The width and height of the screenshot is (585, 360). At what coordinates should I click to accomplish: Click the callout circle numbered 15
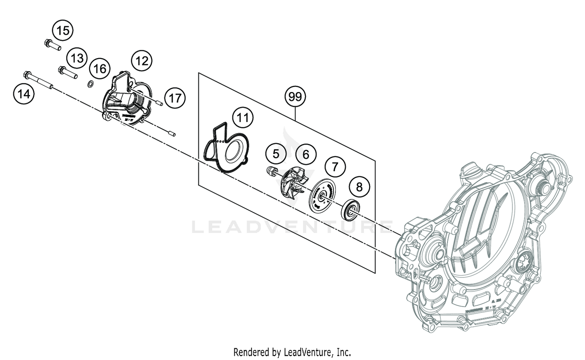click(63, 30)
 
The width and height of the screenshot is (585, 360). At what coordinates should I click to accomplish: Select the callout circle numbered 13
click(77, 58)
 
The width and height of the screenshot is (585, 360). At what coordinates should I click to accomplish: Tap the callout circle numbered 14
click(24, 94)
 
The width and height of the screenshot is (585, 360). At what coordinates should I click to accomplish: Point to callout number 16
click(100, 69)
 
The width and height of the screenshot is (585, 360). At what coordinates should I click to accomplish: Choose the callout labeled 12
click(142, 60)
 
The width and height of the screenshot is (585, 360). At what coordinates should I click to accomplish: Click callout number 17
click(175, 98)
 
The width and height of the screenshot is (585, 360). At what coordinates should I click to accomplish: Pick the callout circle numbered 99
click(295, 96)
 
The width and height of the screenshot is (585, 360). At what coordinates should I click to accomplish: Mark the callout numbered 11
click(243, 117)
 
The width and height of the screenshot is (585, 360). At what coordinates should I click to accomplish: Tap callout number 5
click(276, 154)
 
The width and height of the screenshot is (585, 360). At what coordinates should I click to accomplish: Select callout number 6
click(306, 154)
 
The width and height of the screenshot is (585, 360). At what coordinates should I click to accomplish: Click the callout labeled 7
click(334, 167)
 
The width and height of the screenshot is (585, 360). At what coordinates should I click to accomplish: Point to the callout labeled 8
click(359, 187)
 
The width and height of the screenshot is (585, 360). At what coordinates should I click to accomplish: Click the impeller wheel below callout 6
click(292, 185)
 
